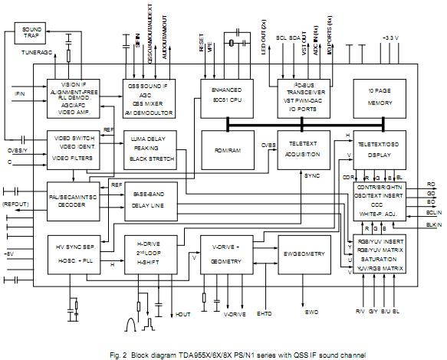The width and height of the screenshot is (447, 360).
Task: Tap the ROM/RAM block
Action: coord(226,150)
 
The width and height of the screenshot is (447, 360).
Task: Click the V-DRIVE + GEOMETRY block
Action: coord(226,254)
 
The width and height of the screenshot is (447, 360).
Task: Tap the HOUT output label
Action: coord(182,314)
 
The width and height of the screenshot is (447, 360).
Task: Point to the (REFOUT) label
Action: coord(15,205)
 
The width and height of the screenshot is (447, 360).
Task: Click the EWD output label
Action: coord(313,314)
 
